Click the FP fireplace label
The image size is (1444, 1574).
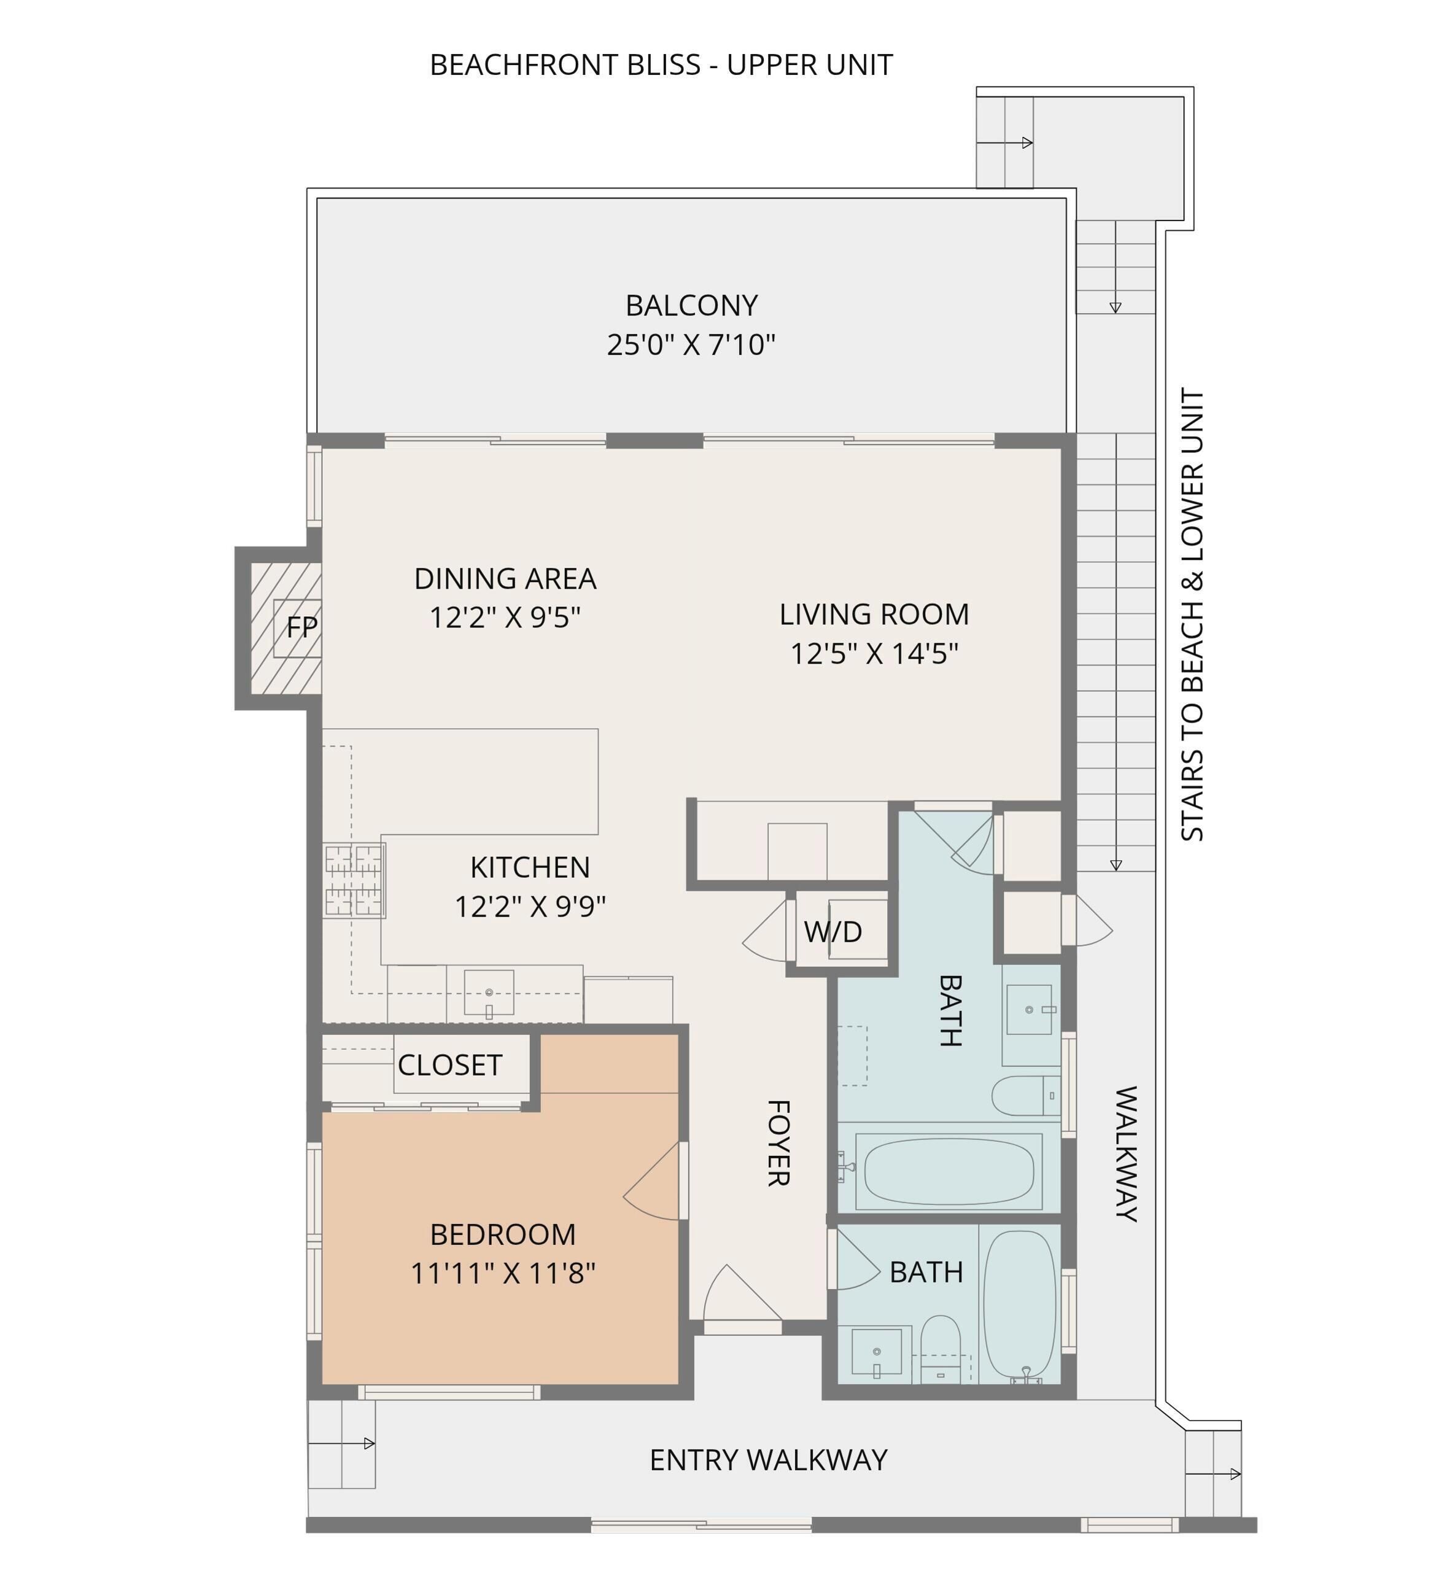tap(301, 627)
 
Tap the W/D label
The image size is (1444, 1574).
tap(833, 931)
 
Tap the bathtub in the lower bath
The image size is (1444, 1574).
tap(1020, 1307)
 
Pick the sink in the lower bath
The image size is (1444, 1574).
tap(876, 1354)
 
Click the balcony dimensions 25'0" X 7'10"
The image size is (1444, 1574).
tap(691, 344)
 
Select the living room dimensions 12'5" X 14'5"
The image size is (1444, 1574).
tap(874, 654)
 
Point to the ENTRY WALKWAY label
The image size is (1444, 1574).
tap(769, 1460)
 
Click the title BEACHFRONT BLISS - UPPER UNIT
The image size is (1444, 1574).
tap(661, 65)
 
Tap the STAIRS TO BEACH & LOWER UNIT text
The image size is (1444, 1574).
tap(1192, 614)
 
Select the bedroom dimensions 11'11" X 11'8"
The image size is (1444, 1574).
tap(503, 1274)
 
